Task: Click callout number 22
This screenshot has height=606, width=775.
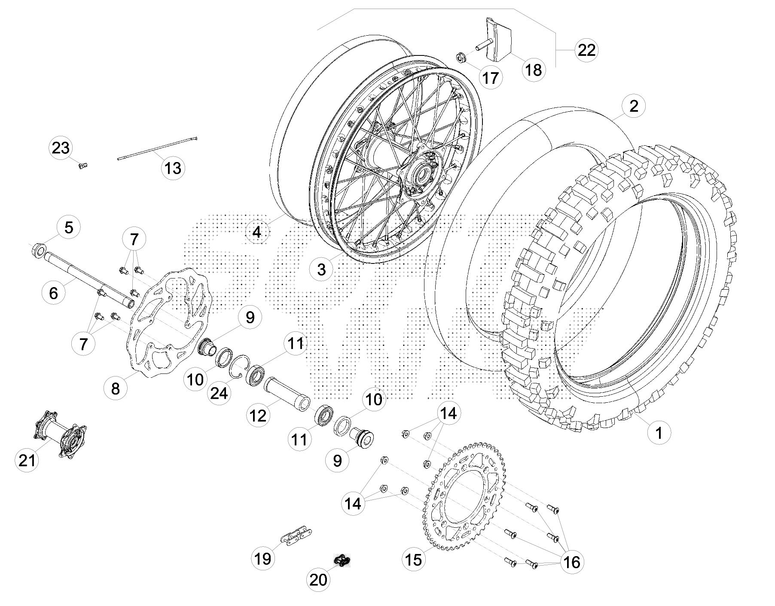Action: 586,50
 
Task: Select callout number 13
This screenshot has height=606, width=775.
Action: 173,168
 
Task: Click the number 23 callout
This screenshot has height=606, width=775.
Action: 61,148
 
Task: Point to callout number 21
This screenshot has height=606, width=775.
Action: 27,460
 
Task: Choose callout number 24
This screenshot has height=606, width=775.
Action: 219,393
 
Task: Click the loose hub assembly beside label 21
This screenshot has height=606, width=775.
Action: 60,434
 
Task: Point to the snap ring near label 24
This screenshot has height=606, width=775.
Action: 238,369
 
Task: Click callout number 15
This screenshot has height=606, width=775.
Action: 413,559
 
